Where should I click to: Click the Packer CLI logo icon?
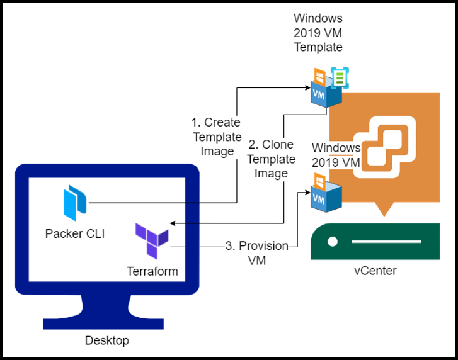[75, 203]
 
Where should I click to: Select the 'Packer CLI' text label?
[75, 234]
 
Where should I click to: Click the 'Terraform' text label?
[152, 271]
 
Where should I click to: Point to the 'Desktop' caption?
[106, 340]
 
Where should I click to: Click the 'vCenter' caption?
[375, 271]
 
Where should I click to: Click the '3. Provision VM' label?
[256, 252]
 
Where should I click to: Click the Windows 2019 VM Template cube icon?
[326, 89]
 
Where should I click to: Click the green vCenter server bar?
[375, 242]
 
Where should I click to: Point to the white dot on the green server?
[332, 242]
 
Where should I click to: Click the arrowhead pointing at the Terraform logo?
[173, 223]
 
